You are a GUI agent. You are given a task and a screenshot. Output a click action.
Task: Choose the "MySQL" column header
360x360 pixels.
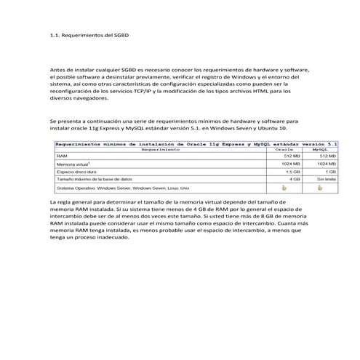[x=320, y=151]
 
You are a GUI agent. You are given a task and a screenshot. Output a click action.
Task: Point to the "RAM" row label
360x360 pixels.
[x=60, y=156]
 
